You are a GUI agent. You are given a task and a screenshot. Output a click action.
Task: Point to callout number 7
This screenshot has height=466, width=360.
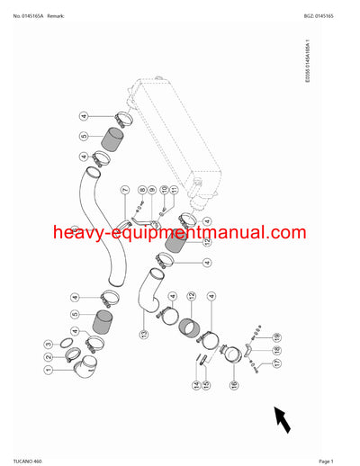[x=125, y=190]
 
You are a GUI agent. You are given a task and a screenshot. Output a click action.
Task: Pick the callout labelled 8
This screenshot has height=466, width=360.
[x=142, y=190]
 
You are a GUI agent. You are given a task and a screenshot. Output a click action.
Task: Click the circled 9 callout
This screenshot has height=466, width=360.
[x=152, y=190]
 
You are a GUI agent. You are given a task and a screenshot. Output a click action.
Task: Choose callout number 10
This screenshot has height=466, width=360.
[x=164, y=190]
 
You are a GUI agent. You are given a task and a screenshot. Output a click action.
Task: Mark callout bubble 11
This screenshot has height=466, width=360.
[x=174, y=190]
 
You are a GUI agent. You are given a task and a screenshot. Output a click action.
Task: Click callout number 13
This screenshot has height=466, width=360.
[x=142, y=334]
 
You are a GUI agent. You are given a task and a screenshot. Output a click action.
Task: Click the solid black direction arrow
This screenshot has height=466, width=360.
[x=283, y=418]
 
